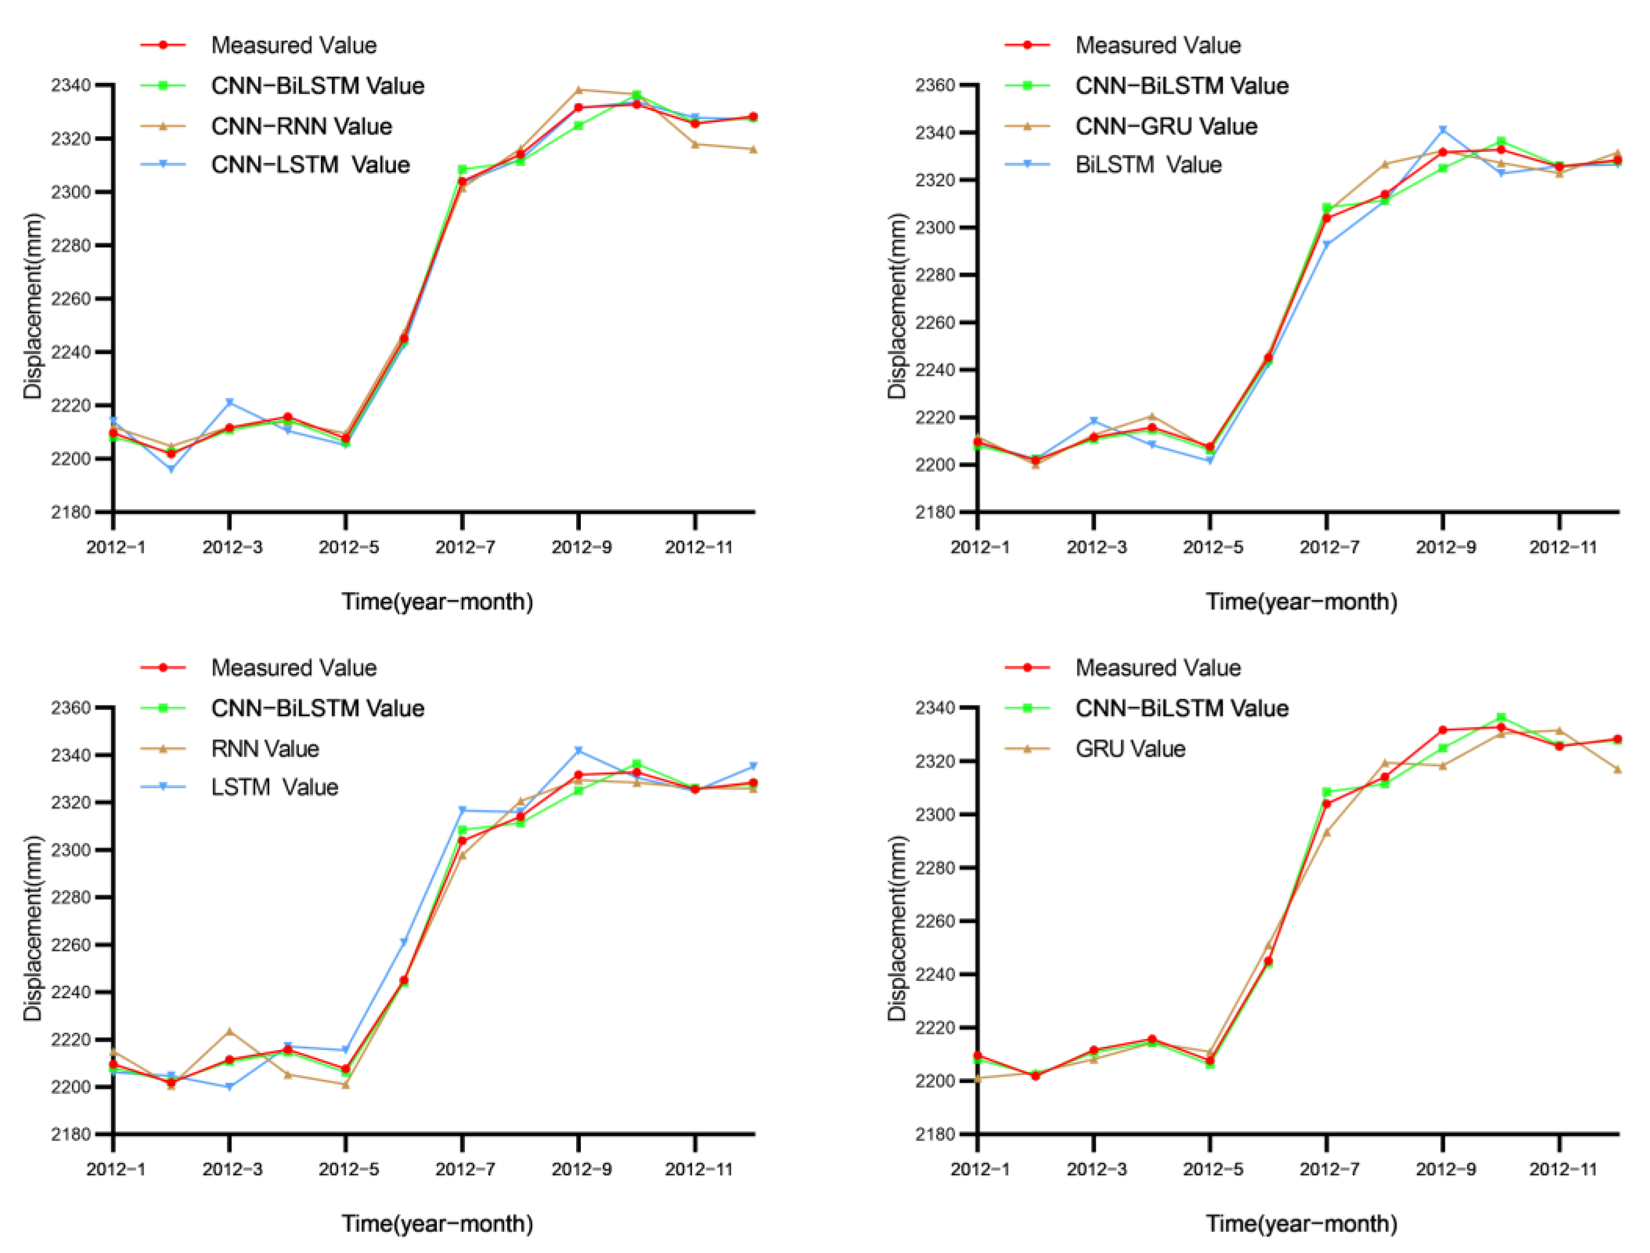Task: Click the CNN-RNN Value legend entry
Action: coord(302,126)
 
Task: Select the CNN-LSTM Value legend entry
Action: coord(310,165)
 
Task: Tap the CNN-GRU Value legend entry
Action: coord(1166,126)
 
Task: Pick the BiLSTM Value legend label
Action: coord(1148,165)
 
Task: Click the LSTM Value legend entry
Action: coord(274,787)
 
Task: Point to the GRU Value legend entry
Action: coord(1130,749)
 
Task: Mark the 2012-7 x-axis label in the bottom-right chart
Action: coord(1329,1170)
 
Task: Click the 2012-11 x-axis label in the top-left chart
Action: coord(699,547)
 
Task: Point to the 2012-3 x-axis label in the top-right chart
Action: coord(1096,547)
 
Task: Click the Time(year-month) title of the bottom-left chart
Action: coord(437,1224)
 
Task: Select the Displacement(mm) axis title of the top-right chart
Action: coord(898,306)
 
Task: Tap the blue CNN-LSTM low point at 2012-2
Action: coord(172,469)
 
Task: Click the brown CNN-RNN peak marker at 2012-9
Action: coord(579,90)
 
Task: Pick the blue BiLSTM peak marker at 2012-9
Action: coord(1443,130)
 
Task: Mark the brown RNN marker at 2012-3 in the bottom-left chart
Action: coord(230,1032)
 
